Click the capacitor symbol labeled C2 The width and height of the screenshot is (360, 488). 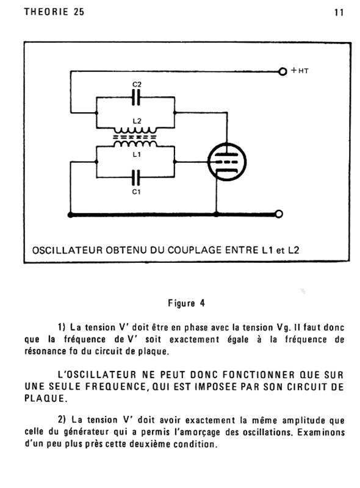pos(136,98)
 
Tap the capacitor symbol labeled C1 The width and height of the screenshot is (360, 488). pos(136,178)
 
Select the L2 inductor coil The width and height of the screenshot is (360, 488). pos(135,130)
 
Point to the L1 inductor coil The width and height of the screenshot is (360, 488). pos(135,143)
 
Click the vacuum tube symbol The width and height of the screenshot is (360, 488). pos(227,162)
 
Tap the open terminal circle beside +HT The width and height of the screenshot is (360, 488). pos(283,71)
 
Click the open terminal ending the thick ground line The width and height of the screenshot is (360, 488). pos(279,214)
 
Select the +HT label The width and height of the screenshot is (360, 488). pos(300,71)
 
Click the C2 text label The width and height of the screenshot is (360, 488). pos(137,84)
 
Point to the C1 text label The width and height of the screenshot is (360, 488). pos(137,192)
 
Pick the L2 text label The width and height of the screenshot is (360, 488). pos(137,121)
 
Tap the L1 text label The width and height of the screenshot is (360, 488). pos(137,154)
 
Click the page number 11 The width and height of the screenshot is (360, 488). pos(339,13)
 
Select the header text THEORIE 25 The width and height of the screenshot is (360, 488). pos(54,12)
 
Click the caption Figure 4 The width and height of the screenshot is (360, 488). pos(187,303)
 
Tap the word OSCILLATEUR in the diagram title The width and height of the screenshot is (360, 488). pos(67,250)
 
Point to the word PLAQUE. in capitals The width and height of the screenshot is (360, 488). pos(46,398)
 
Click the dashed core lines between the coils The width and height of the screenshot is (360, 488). pos(134,137)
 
